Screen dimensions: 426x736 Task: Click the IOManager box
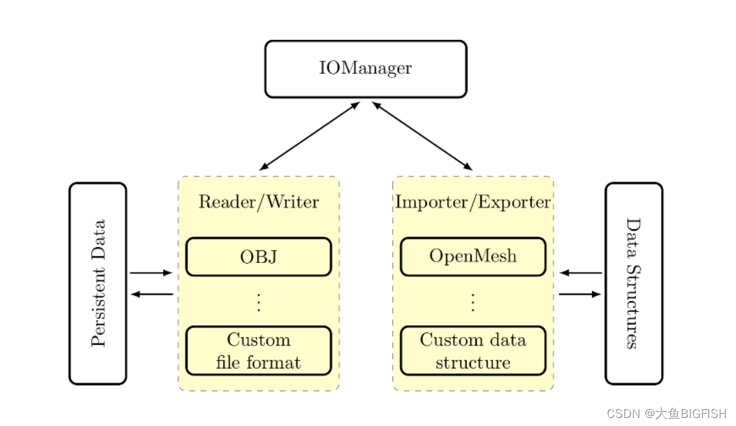[x=365, y=68]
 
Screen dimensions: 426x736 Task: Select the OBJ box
[x=258, y=257]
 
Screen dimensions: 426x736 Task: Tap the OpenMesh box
[x=473, y=257]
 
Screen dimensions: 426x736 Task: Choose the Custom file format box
[x=258, y=350]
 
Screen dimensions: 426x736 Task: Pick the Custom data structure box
[x=473, y=350]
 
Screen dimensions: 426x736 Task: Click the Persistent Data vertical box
[x=98, y=283]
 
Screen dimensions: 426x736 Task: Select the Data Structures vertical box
[x=633, y=283]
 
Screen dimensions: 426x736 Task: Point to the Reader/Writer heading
[x=258, y=202]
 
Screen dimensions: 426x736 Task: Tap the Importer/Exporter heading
[x=473, y=202]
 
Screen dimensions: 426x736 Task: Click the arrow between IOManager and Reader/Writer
[x=310, y=136]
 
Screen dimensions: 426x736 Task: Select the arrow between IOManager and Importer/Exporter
[x=422, y=136]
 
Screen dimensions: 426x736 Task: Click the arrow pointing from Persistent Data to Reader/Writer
[x=152, y=273]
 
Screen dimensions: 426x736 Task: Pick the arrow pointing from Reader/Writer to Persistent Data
[x=152, y=294]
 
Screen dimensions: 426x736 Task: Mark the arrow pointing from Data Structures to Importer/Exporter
[x=580, y=273]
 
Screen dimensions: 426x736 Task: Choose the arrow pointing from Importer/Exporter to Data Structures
[x=580, y=294]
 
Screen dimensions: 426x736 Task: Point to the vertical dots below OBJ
[x=258, y=302]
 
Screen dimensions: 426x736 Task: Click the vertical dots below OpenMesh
[x=473, y=302]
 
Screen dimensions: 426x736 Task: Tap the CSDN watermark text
[x=666, y=413]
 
